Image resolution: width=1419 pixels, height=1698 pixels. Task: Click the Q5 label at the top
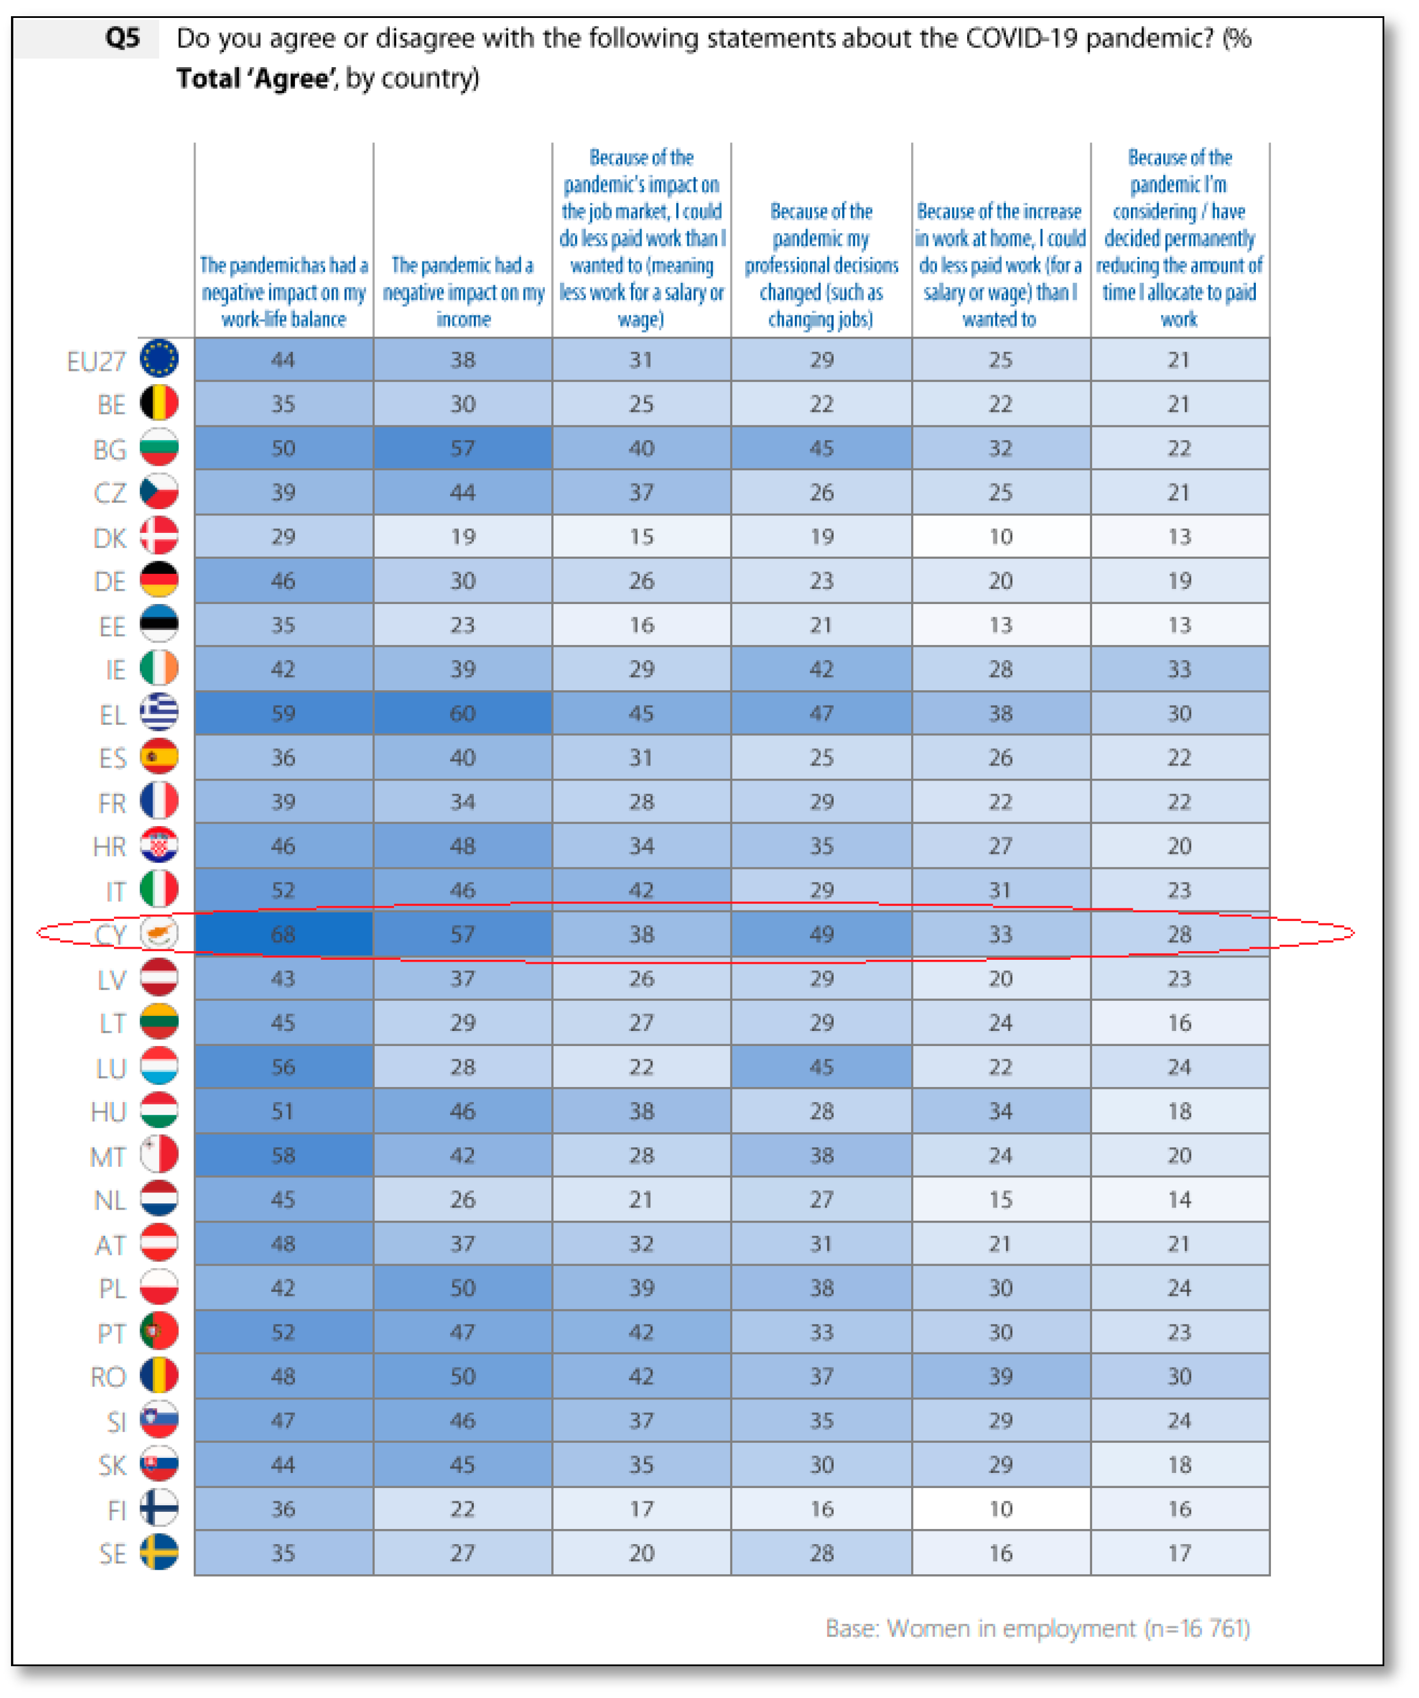tap(122, 38)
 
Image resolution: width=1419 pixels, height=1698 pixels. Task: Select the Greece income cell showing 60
tap(462, 713)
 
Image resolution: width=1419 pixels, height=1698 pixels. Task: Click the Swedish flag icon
tap(159, 1552)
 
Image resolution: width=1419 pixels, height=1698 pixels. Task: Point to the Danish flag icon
tap(159, 536)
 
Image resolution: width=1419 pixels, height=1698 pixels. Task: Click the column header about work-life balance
tap(283, 292)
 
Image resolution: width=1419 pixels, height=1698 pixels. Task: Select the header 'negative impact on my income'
tap(462, 292)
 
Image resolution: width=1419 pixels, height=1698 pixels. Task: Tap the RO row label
tap(108, 1376)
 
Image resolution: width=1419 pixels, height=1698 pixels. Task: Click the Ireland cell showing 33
tap(1179, 669)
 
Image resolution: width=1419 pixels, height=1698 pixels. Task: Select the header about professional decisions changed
tap(821, 265)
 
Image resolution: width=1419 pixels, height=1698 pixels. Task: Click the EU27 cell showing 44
tap(283, 360)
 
